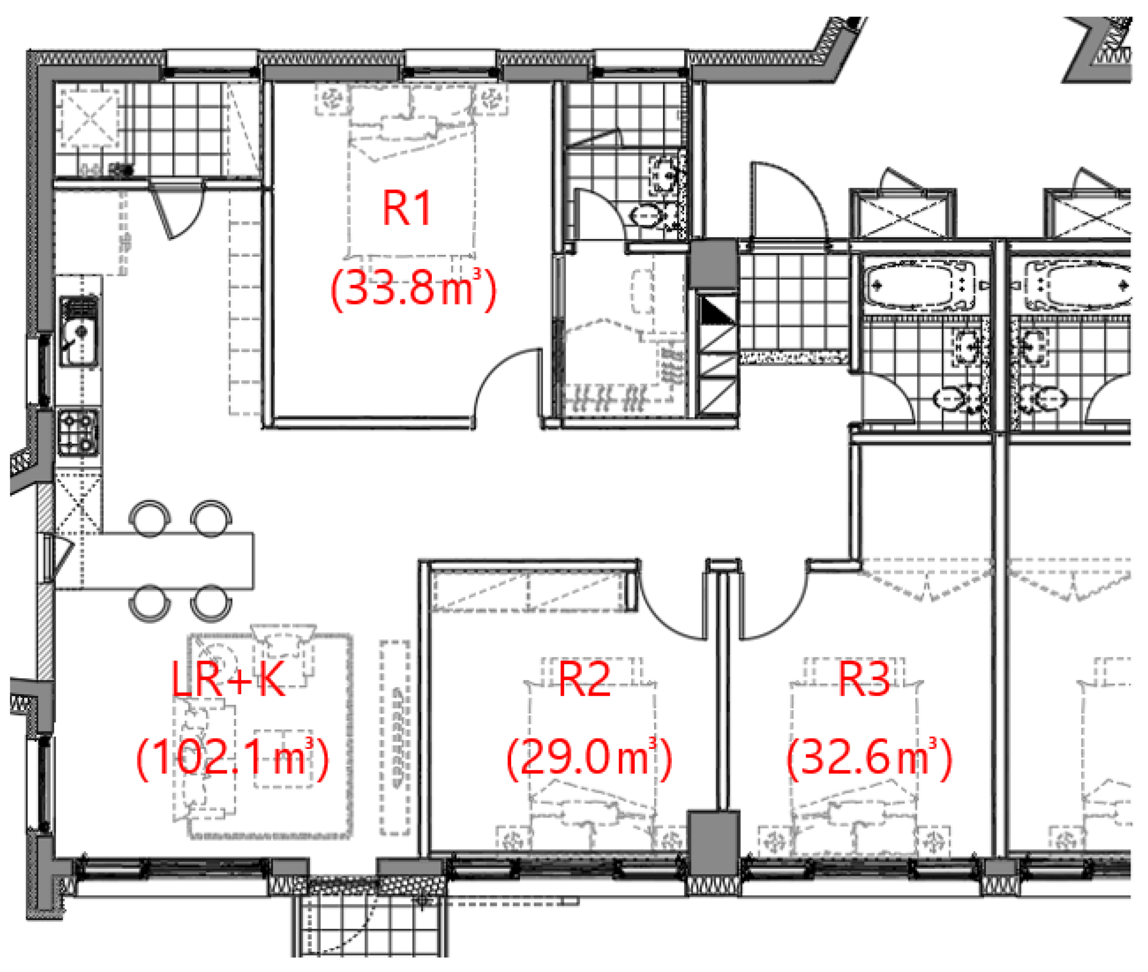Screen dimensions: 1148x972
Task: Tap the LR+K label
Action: click(228, 679)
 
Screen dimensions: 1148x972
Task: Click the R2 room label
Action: click(585, 679)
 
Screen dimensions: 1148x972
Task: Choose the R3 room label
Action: click(864, 679)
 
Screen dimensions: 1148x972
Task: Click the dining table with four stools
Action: click(154, 560)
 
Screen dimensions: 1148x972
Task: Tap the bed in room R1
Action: click(411, 171)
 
